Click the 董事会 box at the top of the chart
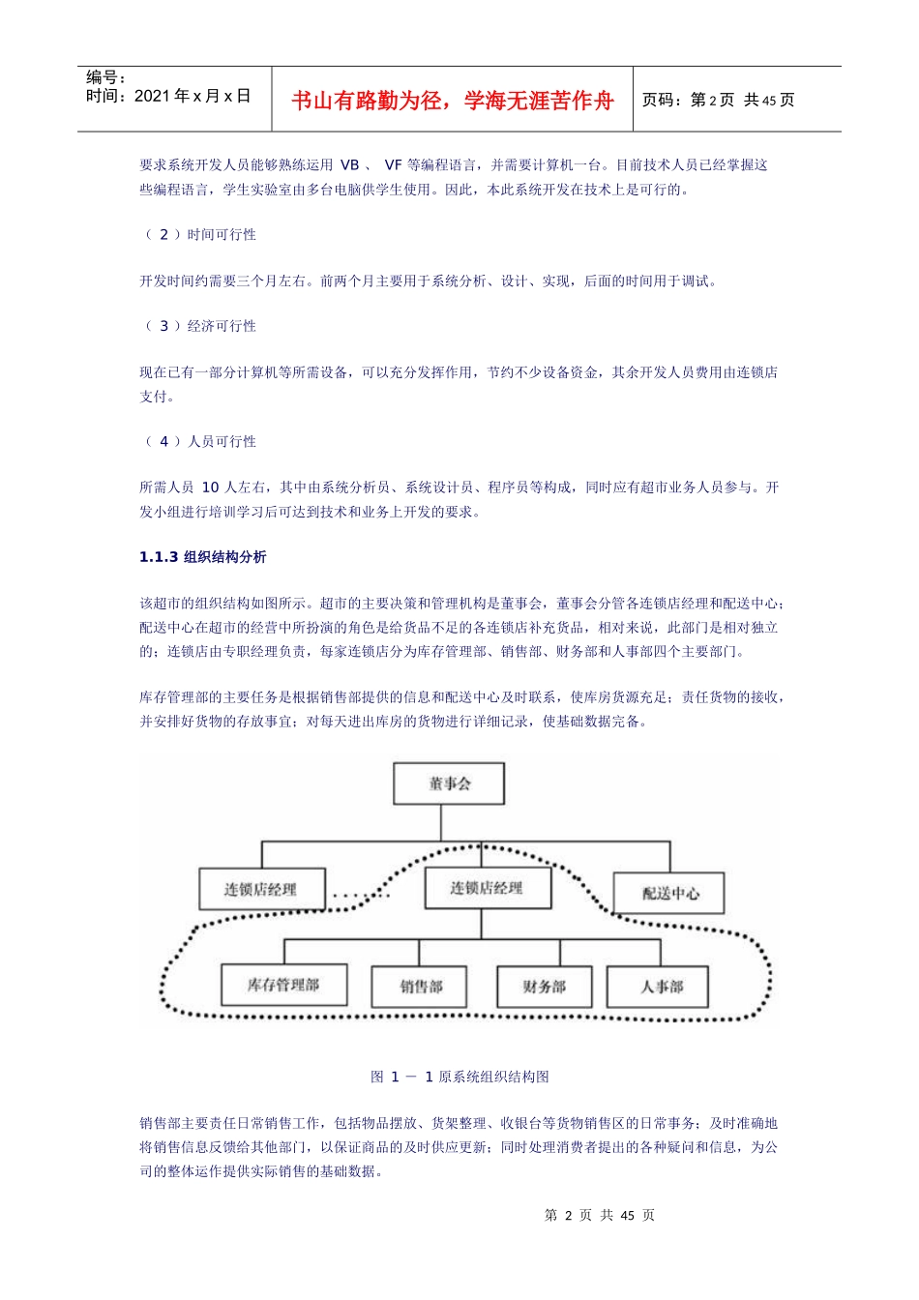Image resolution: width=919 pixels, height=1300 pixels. click(x=449, y=783)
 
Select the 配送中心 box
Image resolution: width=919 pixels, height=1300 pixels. click(x=669, y=893)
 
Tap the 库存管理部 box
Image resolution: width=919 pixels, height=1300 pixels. click(x=283, y=985)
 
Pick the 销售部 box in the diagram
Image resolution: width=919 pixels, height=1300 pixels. click(x=420, y=987)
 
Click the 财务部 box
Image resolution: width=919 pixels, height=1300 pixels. click(x=544, y=987)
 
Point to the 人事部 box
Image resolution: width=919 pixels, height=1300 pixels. click(x=661, y=987)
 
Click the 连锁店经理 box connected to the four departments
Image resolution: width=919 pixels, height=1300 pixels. click(x=488, y=888)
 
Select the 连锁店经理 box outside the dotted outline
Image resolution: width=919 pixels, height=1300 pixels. click(x=260, y=889)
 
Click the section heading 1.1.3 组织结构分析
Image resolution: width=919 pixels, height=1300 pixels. click(x=203, y=557)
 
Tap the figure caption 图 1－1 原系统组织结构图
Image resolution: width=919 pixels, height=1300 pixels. click(x=459, y=1077)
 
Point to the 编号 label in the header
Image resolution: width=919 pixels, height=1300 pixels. click(x=105, y=77)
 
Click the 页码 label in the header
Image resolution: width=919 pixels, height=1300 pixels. click(x=664, y=100)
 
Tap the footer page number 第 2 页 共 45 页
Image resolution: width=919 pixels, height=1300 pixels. click(x=600, y=1215)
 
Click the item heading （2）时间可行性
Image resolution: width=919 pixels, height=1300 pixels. click(x=200, y=234)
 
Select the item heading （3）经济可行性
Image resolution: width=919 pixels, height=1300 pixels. click(x=200, y=326)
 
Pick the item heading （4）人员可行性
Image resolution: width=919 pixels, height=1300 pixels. click(x=200, y=441)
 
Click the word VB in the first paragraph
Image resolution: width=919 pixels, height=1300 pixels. click(x=349, y=165)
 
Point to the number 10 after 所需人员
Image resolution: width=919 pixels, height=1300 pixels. click(x=210, y=487)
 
